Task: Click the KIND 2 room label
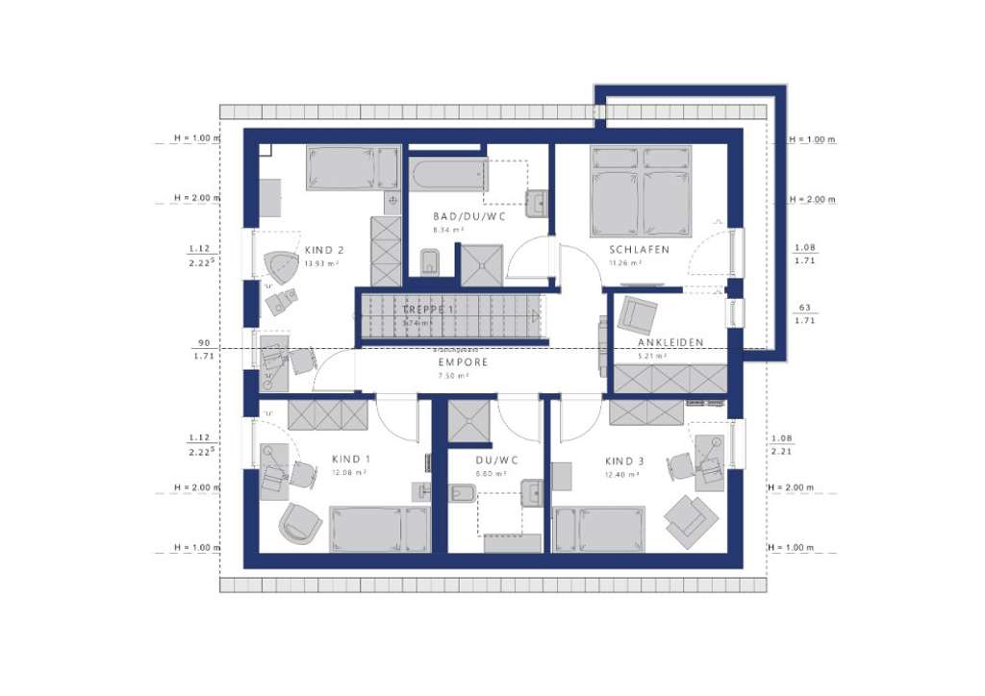[324, 250]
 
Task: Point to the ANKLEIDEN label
[670, 342]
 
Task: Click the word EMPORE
[464, 362]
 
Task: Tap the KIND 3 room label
[626, 460]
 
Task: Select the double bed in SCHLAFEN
[641, 190]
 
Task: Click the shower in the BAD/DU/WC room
[481, 264]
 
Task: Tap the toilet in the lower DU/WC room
[460, 494]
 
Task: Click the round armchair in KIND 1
[301, 522]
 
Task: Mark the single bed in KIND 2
[352, 168]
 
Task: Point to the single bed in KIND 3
[596, 530]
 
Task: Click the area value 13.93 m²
[321, 263]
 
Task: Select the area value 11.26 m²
[625, 262]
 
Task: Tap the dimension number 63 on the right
[804, 309]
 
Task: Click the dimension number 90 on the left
[204, 342]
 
